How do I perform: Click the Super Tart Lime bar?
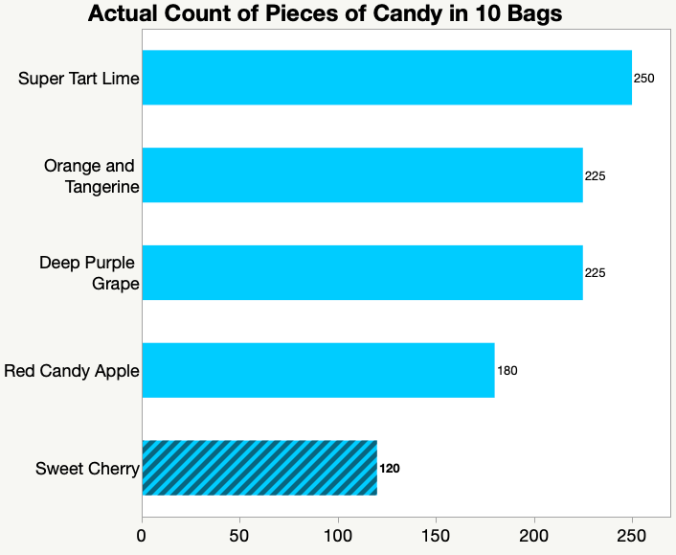point(387,78)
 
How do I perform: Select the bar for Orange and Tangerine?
point(362,175)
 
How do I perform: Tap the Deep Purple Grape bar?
point(362,273)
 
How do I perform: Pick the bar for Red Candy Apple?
point(318,370)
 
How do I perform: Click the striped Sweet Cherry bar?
point(259,468)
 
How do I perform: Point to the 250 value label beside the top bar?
point(644,78)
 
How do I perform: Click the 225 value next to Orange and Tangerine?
point(596,176)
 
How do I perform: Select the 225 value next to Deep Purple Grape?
point(596,273)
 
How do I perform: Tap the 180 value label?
point(507,371)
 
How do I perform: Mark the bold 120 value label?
point(390,469)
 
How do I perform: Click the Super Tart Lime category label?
point(79,78)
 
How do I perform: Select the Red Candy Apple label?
point(72,371)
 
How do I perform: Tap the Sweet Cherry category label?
point(87,469)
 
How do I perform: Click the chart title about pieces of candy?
point(325,14)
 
